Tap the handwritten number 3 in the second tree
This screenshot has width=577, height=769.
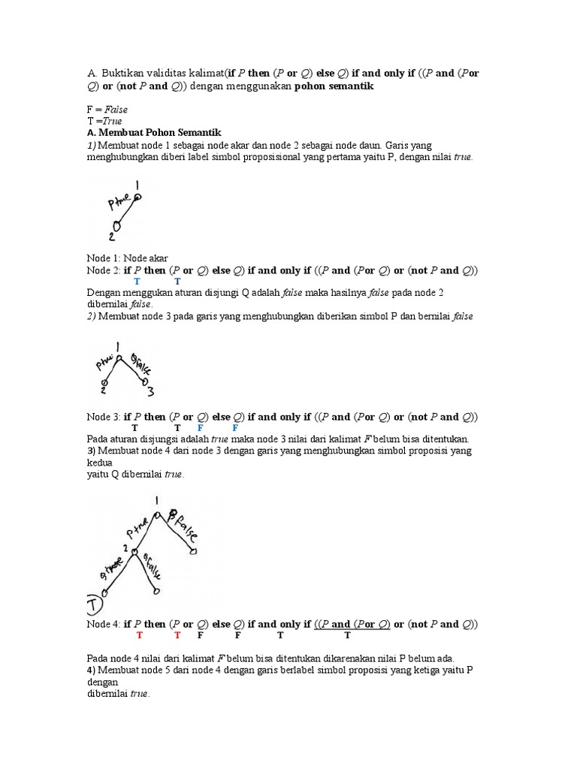pos(150,391)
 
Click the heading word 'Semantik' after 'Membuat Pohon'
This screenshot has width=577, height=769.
pos(198,132)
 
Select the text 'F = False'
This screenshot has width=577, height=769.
pos(107,110)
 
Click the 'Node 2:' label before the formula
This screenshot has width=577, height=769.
pos(104,270)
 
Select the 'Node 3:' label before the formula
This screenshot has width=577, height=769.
pos(104,417)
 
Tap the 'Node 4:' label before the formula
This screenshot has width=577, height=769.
pos(104,624)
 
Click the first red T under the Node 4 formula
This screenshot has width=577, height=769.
pos(140,635)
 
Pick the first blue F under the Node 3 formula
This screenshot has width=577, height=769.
pos(200,427)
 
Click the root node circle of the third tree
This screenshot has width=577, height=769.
pos(157,514)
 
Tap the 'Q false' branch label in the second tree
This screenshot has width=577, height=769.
pos(140,366)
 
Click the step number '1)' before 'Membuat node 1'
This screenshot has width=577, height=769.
pos(92,145)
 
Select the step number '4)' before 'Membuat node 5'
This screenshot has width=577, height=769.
pos(91,670)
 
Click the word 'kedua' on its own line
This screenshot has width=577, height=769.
pos(99,463)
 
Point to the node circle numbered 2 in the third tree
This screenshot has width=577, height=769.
pos(135,553)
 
